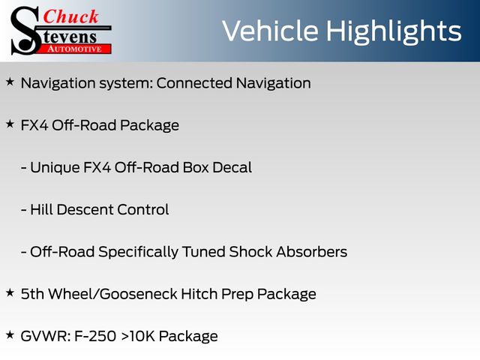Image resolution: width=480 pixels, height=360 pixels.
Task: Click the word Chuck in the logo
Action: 70,16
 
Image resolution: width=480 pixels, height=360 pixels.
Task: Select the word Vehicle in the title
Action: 270,31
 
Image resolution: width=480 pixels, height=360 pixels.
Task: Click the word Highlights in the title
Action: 393,31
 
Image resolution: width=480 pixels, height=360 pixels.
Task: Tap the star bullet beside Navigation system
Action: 10,82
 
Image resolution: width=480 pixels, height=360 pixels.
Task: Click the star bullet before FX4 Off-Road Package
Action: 10,124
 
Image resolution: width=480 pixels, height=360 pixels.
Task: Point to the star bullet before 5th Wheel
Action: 10,293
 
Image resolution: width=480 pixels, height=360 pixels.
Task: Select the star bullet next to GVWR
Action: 10,335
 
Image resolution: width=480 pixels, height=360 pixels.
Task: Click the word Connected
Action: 194,83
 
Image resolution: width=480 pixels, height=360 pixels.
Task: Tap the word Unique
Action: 55,168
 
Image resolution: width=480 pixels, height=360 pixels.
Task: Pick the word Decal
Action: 232,167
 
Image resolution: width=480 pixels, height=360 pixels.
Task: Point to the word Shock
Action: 250,252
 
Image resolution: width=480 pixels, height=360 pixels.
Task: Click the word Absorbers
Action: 312,252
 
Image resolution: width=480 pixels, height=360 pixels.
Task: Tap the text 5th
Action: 32,294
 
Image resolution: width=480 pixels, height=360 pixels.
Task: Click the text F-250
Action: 95,337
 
